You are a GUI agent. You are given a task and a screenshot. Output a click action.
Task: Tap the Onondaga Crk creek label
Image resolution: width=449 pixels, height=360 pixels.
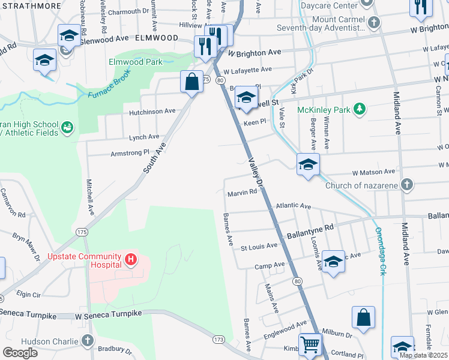379,251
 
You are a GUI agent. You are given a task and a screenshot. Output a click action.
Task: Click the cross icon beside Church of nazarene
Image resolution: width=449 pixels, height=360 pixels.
407,185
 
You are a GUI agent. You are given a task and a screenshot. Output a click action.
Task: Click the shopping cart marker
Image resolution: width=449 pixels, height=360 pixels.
310,345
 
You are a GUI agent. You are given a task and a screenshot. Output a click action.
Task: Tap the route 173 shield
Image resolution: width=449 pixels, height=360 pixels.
218,340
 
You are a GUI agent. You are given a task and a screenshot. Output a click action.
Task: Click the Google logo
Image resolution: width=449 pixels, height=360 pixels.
20,352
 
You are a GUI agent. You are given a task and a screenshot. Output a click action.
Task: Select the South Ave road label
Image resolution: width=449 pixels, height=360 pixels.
154,158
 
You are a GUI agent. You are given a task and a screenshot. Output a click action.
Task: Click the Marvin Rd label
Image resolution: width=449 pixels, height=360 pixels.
242,193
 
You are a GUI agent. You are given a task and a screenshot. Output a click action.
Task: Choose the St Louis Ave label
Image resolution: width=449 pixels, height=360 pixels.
259,246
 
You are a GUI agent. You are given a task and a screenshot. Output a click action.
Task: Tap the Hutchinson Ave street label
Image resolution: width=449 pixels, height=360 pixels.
152,111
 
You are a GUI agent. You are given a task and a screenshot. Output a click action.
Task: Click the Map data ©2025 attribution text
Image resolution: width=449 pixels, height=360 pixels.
424,355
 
